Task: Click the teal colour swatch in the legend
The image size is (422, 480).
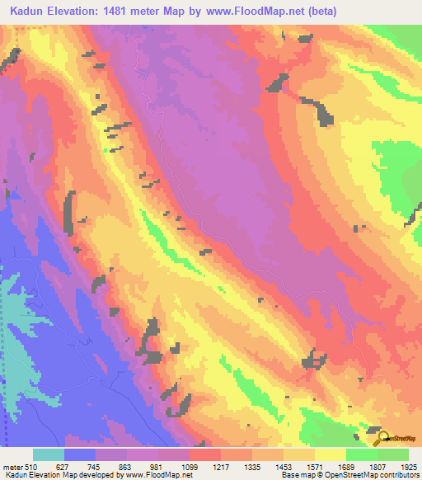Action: [49, 455]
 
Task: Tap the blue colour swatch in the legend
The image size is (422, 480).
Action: [80, 455]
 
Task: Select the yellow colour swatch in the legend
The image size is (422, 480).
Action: [331, 455]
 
